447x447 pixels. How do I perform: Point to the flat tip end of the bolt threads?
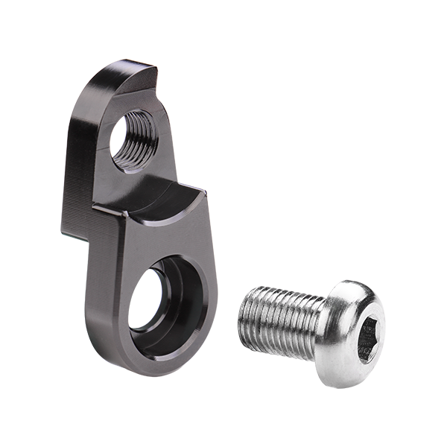[247, 317]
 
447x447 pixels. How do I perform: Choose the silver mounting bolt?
[313, 328]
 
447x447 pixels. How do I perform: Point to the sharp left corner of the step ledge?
[95, 205]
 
